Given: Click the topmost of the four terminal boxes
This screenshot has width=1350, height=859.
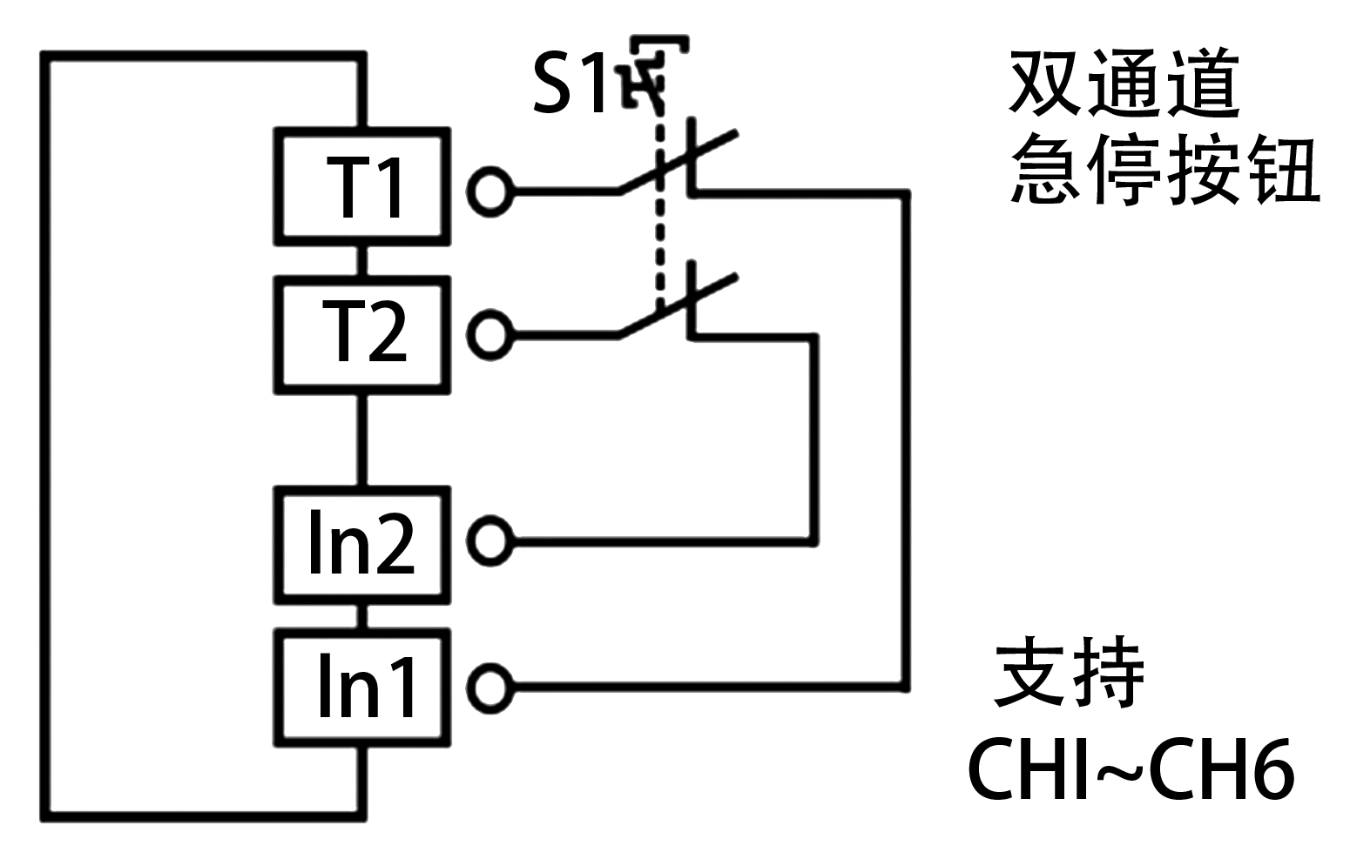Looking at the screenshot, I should coord(362,186).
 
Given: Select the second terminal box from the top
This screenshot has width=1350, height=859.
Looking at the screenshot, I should coord(362,335).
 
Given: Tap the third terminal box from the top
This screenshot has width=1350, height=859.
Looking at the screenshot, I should coord(362,544).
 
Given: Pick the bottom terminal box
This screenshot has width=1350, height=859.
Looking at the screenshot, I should coord(362,688).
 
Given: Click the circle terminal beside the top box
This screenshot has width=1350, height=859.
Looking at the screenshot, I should coord(490,191).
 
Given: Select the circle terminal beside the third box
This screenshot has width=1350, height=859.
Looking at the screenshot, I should coord(490,541).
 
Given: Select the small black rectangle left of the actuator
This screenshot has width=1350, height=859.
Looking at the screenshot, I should coord(568,82).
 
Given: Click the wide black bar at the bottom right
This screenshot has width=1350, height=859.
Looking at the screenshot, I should coord(1131,768).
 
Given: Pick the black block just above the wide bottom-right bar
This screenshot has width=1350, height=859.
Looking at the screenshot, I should coord(1068,671).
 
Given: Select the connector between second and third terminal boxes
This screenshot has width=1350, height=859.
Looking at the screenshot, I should coord(362,440).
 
